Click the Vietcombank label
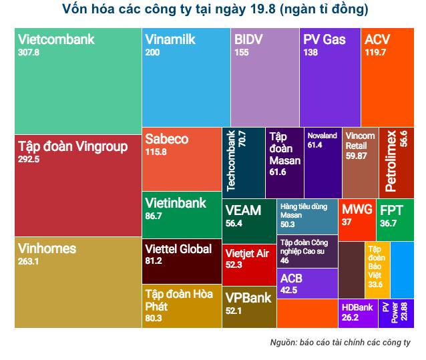56,39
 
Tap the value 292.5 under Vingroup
29,160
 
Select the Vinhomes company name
47,248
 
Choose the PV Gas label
325,39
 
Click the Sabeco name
166,140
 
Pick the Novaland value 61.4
315,144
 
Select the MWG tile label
357,210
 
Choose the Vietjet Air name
247,253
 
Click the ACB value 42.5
289,290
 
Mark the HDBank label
357,307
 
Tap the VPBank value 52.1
234,310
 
